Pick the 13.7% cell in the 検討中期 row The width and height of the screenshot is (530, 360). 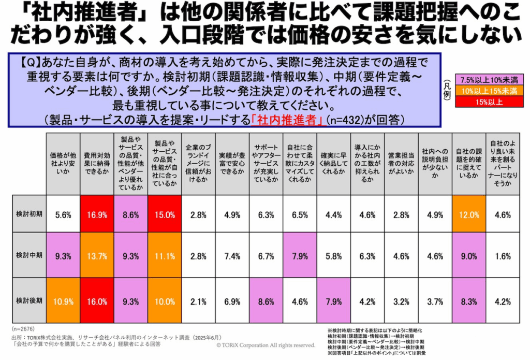[97, 256]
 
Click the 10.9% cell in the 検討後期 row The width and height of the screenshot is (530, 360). [63, 301]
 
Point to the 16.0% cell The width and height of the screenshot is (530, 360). [97, 301]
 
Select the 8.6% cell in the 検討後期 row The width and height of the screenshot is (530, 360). [266, 301]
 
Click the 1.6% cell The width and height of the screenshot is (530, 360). [502, 256]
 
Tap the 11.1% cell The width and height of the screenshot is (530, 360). [165, 256]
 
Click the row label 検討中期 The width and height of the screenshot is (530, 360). [29, 256]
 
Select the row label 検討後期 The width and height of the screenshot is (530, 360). [29, 301]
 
